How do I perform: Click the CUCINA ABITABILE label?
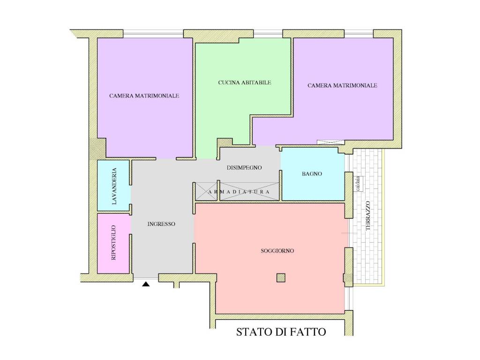point(245,82)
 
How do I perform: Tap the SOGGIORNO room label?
point(277,251)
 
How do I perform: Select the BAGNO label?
point(312,174)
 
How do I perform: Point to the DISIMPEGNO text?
point(244,168)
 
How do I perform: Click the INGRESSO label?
point(161,224)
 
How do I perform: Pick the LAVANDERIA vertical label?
point(114,186)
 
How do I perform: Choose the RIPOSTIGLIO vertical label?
point(113,243)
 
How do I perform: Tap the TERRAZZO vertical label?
point(368,216)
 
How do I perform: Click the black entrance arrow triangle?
point(146,285)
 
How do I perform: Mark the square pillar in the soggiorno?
point(281,277)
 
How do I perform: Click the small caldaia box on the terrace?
point(358,184)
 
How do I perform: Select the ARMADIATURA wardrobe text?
point(239,192)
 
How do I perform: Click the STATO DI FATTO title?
point(281,332)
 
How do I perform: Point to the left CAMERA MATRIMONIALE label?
point(144,96)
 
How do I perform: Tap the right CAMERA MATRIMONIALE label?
point(342,86)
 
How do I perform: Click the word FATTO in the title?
point(308,332)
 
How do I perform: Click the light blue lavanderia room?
point(113,186)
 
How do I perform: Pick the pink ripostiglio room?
point(114,243)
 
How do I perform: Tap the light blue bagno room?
point(312,174)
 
